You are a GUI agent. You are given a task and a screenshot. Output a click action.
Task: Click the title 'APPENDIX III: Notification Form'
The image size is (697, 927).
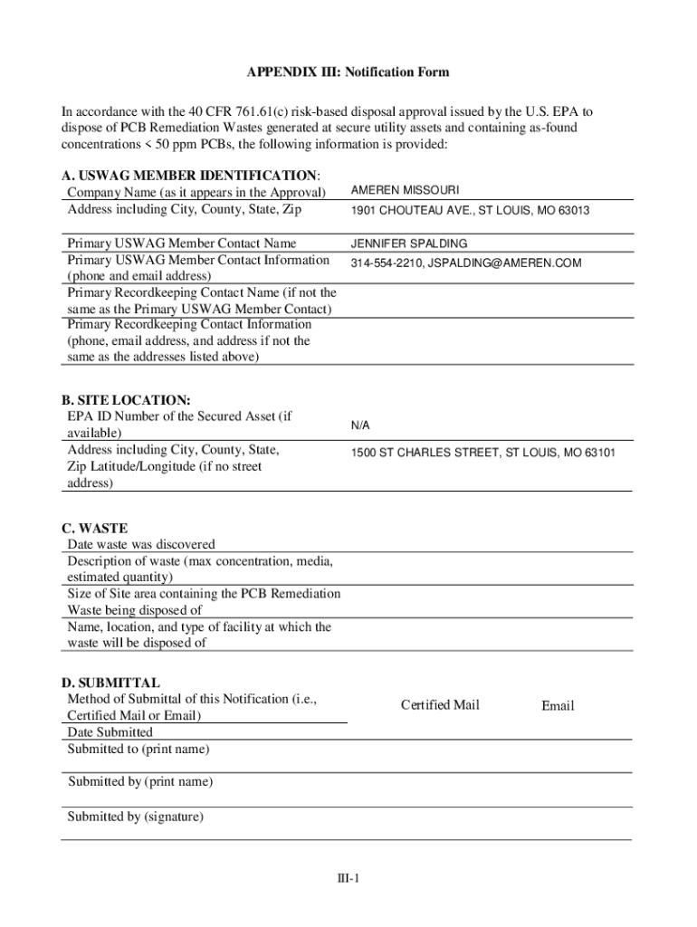[348, 72]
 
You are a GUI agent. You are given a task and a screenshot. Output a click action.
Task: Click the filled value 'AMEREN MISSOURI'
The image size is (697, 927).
[405, 190]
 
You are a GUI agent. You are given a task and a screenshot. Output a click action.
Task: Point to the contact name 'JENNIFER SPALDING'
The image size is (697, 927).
[409, 244]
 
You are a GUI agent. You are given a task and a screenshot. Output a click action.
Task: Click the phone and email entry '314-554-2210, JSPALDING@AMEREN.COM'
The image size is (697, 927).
[465, 263]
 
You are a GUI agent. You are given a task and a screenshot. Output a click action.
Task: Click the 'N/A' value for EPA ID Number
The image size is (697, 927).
[360, 425]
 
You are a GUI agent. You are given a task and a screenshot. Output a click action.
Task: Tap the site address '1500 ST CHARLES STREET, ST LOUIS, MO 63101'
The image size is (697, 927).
[482, 452]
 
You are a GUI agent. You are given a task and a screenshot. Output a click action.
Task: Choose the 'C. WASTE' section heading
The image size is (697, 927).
[95, 528]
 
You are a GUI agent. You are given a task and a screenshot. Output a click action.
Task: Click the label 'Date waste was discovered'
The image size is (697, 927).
[141, 544]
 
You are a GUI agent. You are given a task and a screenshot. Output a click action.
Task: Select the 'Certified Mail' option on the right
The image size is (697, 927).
[440, 705]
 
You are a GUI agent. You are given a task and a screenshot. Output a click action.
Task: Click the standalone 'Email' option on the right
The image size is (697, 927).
[558, 706]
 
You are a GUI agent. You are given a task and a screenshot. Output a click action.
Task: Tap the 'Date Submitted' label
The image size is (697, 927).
[110, 731]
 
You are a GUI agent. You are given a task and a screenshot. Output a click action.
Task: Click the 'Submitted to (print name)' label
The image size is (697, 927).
[138, 749]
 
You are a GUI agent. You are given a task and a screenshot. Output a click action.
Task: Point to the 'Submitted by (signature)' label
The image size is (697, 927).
[136, 817]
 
